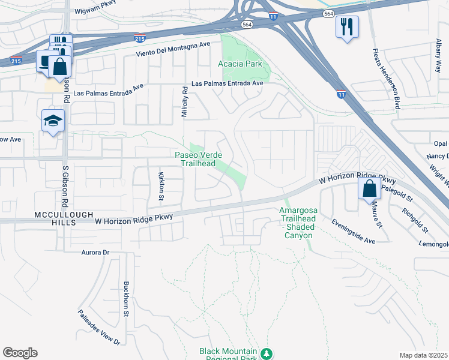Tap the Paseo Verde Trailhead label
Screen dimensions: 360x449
click(x=195, y=159)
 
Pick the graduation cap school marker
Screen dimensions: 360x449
click(x=53, y=121)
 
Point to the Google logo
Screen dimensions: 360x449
click(x=20, y=353)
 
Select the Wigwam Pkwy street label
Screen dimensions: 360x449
click(x=95, y=11)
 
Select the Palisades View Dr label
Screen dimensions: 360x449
click(x=99, y=328)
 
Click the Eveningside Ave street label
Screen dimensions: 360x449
click(x=354, y=231)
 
